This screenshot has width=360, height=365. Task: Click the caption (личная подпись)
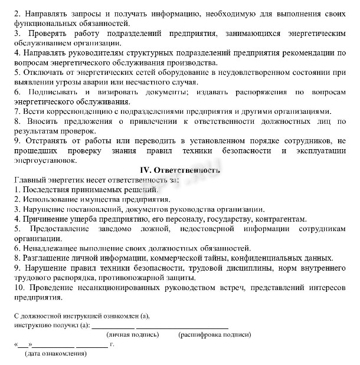[133, 334]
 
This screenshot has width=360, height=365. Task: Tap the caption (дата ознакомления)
[56, 354]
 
